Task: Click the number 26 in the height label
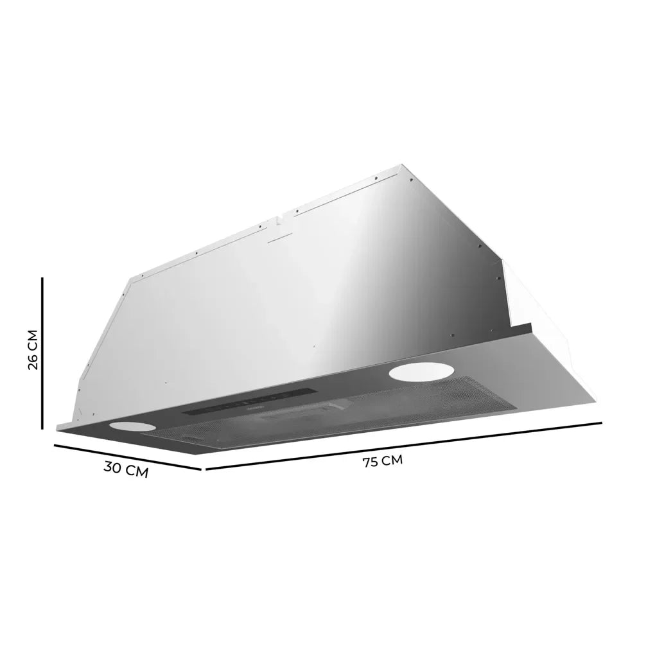[33, 361]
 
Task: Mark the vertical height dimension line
[42, 353]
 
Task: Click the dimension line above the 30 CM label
[128, 457]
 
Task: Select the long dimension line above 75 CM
[403, 445]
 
